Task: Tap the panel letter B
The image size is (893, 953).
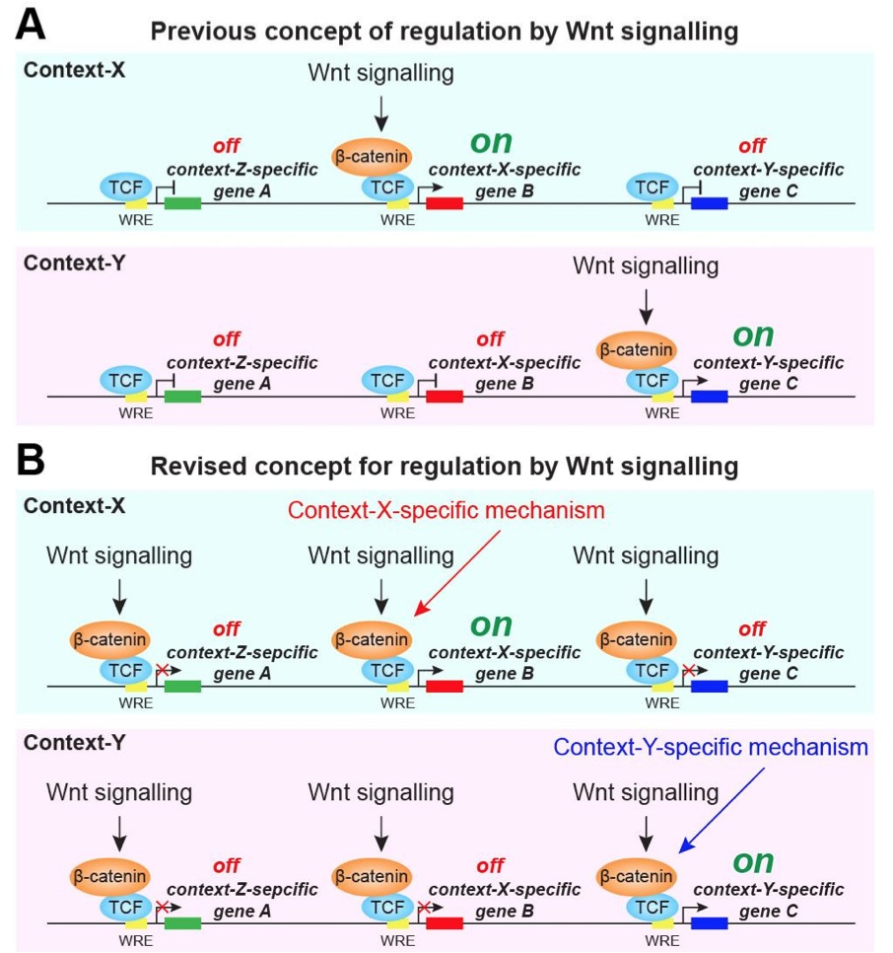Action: (x=31, y=461)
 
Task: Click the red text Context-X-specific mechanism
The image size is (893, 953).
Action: (x=446, y=511)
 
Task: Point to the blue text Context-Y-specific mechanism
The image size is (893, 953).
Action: (x=711, y=747)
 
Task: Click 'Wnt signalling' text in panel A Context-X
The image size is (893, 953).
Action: (x=380, y=74)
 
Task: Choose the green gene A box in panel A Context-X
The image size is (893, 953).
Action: (x=182, y=203)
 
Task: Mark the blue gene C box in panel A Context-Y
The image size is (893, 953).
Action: (x=709, y=397)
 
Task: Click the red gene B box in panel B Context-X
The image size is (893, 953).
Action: (x=445, y=687)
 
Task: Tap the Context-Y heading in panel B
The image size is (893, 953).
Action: (x=62, y=739)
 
